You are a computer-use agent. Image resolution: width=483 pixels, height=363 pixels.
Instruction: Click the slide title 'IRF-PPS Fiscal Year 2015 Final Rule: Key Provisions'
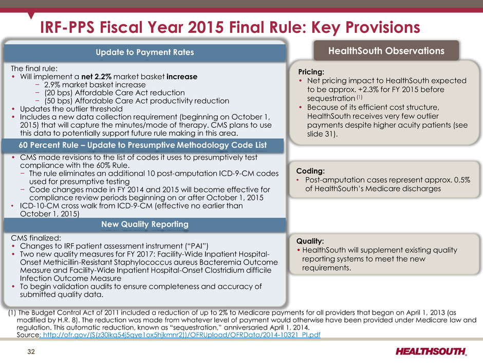(230, 27)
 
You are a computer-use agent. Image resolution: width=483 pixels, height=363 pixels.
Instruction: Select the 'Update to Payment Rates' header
(145, 52)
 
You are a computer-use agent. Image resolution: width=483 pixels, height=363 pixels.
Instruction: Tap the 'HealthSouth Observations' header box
(386, 50)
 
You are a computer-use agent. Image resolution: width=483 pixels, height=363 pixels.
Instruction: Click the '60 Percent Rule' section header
(143, 145)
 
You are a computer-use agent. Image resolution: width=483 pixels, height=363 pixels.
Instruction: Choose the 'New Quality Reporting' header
(145, 224)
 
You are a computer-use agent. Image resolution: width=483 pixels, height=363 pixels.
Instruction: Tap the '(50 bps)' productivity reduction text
(58, 100)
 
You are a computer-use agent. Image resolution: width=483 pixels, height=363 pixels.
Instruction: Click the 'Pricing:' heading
(311, 72)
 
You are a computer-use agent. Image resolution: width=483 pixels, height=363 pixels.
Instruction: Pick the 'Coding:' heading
(310, 171)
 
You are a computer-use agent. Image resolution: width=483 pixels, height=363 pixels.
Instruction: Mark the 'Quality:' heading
(310, 241)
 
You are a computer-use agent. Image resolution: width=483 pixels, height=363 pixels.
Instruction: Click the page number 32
(31, 352)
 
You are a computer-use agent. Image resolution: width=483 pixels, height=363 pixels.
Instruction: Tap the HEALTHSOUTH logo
(431, 351)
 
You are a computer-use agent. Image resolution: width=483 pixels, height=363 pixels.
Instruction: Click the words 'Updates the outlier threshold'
(71, 109)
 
